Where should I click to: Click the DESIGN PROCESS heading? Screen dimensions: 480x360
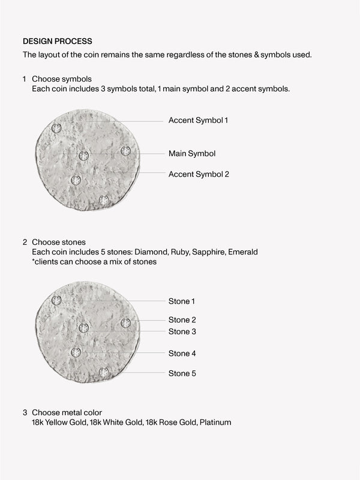point(58,41)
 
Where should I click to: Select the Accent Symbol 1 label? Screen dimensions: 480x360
point(198,120)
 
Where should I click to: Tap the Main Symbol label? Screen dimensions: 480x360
point(192,154)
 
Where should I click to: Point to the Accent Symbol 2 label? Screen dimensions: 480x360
point(199,174)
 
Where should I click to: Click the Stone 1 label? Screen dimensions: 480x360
point(182,301)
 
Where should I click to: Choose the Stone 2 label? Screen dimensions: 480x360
point(182,320)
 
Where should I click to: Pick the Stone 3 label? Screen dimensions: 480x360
point(182,331)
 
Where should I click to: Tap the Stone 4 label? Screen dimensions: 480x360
point(182,353)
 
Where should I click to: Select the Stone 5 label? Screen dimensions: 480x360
point(182,373)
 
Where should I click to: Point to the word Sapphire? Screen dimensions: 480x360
point(211,252)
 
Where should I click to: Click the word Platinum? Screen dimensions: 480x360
point(215,422)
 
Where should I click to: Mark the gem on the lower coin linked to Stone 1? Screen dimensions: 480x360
point(56,300)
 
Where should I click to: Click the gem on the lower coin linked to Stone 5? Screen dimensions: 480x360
point(104,372)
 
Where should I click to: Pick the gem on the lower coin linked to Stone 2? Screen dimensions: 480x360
point(125,323)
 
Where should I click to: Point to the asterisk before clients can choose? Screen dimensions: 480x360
point(34,262)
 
